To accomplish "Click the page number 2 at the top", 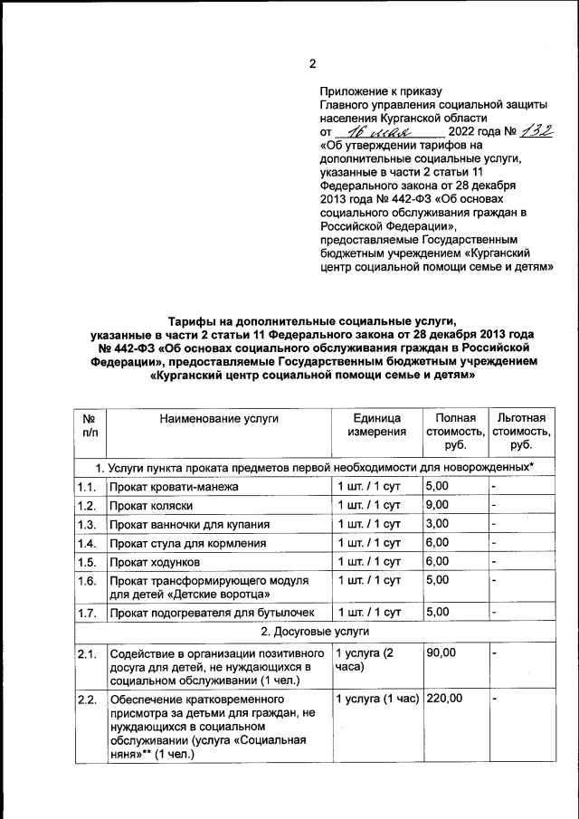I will (312, 63).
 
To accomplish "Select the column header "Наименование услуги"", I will (219, 418).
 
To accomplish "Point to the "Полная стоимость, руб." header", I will (455, 432).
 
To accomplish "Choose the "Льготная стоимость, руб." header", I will (520, 432).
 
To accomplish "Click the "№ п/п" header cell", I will (90, 425).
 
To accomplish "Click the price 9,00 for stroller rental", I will (438, 505).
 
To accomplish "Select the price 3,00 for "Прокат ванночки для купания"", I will (438, 524).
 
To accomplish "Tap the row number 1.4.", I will (87, 543).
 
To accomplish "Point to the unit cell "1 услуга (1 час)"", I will (377, 699).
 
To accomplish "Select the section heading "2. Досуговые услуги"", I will (313, 631).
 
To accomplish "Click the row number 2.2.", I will (87, 700).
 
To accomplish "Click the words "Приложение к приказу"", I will (380, 91).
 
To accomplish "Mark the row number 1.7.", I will (87, 613).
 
